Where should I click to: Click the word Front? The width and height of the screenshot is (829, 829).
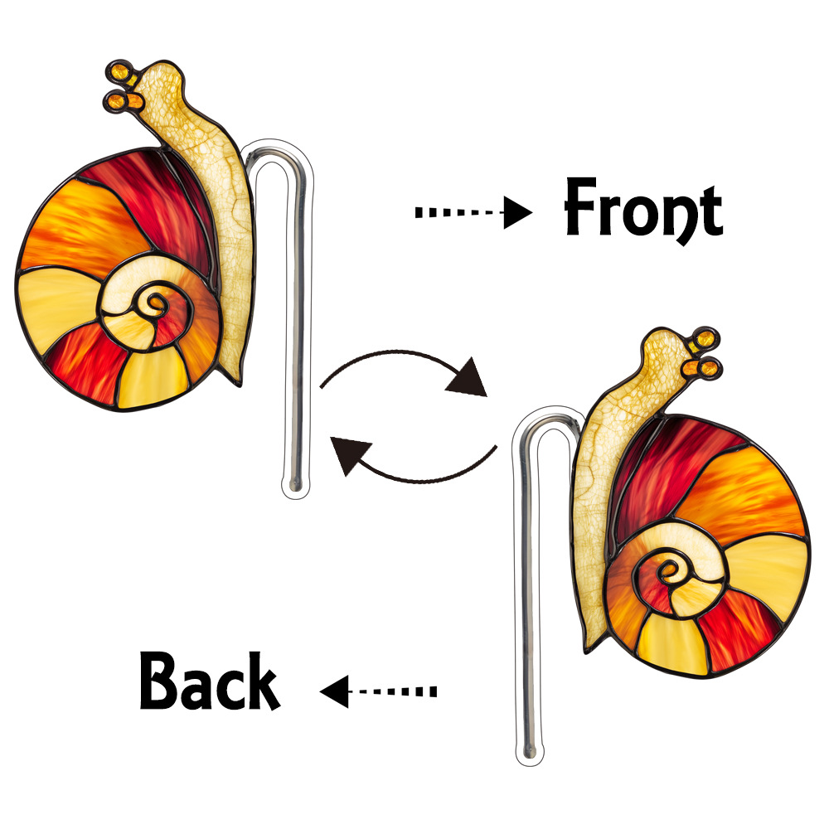(x=642, y=208)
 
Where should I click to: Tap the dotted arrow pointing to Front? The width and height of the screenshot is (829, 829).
(x=473, y=213)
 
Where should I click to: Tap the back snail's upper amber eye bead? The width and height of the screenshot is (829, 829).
(x=707, y=339)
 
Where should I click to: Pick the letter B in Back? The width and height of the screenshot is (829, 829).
(x=162, y=681)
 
